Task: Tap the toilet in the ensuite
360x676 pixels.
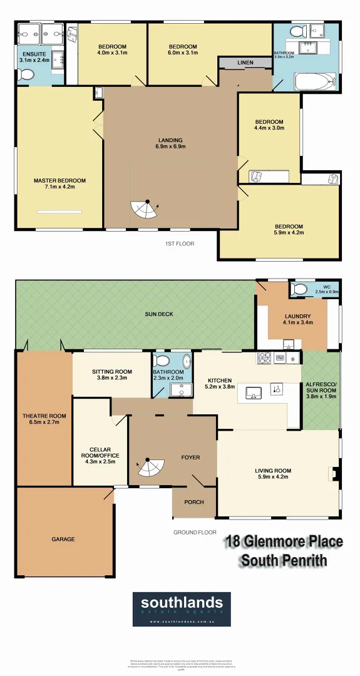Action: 26,74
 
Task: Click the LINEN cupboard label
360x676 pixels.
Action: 245,63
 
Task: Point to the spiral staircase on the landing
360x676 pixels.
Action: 145,210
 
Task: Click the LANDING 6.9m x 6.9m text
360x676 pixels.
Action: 170,143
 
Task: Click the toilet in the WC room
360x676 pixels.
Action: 299,289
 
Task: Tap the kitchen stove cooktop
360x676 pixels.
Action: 264,359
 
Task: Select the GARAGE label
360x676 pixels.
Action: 63,539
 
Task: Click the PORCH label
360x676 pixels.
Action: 193,502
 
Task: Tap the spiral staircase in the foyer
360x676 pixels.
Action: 150,467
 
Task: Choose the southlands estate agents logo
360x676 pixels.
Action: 181,608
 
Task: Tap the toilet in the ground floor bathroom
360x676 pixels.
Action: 163,362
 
